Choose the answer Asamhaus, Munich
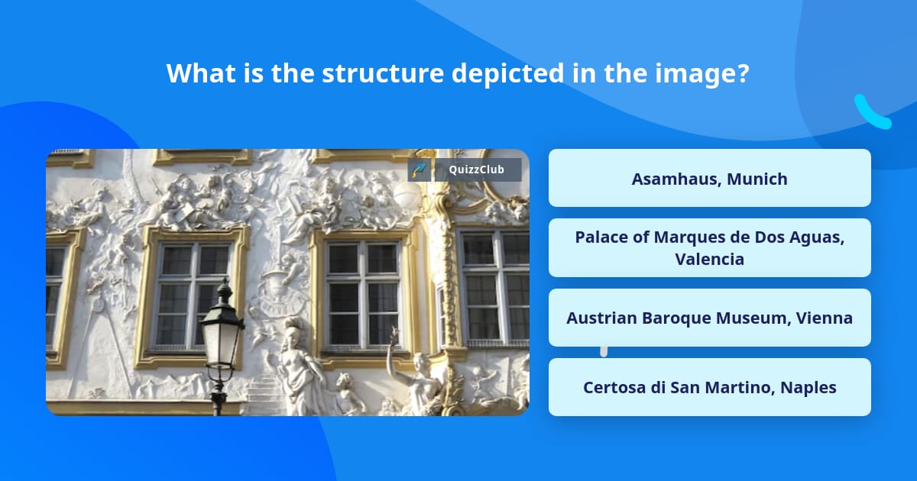(x=709, y=178)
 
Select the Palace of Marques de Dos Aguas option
(x=709, y=248)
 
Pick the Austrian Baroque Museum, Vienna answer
(x=709, y=318)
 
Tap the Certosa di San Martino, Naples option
(x=709, y=387)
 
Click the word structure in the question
(x=383, y=73)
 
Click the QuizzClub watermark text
(x=476, y=169)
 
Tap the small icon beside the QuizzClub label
(x=420, y=169)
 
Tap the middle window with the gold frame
(x=363, y=295)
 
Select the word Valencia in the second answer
(x=709, y=259)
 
